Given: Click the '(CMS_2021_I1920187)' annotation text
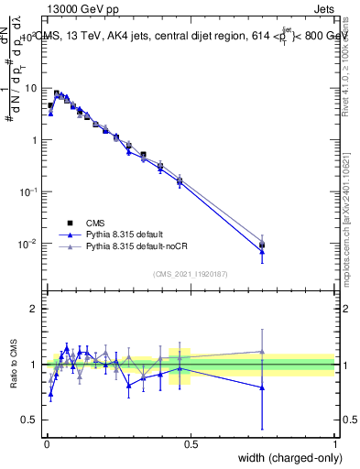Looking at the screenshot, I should click(x=190, y=274).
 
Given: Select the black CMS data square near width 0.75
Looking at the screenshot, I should click(x=263, y=245).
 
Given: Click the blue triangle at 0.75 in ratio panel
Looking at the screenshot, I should click(x=263, y=387).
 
